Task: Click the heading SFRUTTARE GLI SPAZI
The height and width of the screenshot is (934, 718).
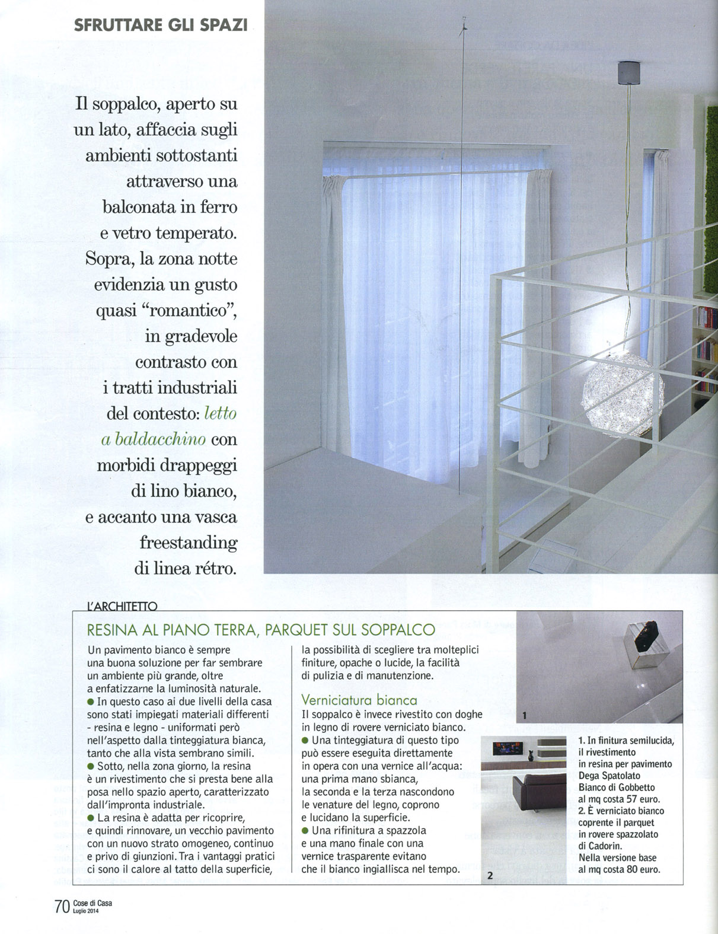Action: pyautogui.click(x=159, y=25)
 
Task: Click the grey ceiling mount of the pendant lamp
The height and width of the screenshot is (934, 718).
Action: pyautogui.click(x=625, y=72)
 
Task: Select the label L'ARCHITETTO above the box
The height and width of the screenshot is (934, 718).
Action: pyautogui.click(x=122, y=606)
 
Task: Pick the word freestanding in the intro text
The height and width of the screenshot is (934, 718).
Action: pyautogui.click(x=189, y=542)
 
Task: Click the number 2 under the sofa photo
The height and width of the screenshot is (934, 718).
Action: pyautogui.click(x=490, y=875)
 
